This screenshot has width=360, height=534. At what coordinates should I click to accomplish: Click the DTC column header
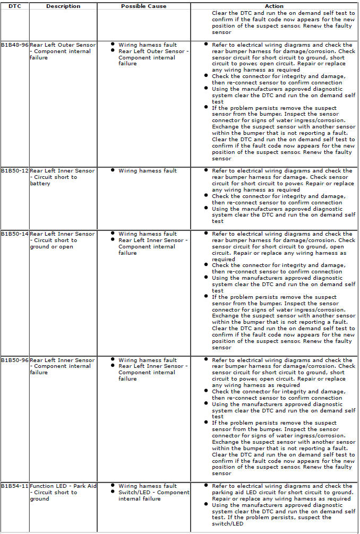pyautogui.click(x=14, y=6)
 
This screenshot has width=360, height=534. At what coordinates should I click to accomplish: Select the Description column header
pyautogui.click(x=63, y=6)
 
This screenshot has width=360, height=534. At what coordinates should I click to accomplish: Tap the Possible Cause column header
pyautogui.click(x=143, y=6)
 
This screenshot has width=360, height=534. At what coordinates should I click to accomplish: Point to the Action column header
pyautogui.click(x=274, y=6)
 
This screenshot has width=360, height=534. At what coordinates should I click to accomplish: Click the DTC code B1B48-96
pyautogui.click(x=15, y=45)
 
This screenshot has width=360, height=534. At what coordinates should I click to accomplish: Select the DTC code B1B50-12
pyautogui.click(x=15, y=171)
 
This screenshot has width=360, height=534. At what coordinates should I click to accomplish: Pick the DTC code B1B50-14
pyautogui.click(x=15, y=234)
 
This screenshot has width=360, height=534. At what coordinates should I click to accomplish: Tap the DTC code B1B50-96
pyautogui.click(x=15, y=360)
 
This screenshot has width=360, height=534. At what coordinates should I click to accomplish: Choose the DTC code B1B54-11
pyautogui.click(x=15, y=486)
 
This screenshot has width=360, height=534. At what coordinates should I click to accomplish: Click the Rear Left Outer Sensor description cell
pyautogui.click(x=62, y=51)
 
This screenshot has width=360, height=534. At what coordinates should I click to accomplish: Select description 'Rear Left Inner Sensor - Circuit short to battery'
pyautogui.click(x=62, y=177)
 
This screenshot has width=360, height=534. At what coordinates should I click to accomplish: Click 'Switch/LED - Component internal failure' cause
pyautogui.click(x=153, y=496)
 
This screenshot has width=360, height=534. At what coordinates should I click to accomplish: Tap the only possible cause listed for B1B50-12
pyautogui.click(x=148, y=171)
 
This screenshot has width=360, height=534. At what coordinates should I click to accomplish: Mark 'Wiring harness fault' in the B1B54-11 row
pyautogui.click(x=148, y=486)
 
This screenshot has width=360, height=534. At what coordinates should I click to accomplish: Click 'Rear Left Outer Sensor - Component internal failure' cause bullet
pyautogui.click(x=153, y=57)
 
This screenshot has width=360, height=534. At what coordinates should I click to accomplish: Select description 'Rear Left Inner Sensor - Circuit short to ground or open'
pyautogui.click(x=62, y=240)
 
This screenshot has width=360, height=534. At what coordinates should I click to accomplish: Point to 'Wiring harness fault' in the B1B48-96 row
pyautogui.click(x=148, y=45)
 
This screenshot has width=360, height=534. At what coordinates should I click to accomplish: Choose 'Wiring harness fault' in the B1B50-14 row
pyautogui.click(x=148, y=234)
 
